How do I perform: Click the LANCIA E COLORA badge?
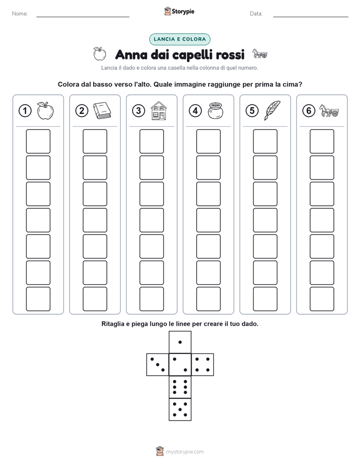point(179,39)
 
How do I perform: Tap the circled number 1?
point(25,111)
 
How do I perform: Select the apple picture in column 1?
point(45,111)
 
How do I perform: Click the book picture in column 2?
point(102,111)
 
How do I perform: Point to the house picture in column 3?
point(159,110)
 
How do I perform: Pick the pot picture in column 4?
point(215,110)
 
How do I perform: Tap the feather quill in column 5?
point(272,110)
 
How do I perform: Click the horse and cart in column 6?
point(329,110)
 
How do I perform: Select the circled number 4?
point(195,111)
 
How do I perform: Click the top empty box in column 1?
point(38,141)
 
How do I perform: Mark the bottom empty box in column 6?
point(322,299)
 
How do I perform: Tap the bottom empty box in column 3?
point(152,299)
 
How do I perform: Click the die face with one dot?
point(180,342)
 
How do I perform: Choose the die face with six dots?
point(180,387)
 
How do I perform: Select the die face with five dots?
point(180,409)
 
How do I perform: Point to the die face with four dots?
point(203,365)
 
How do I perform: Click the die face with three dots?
point(158,365)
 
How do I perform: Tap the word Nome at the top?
point(20,14)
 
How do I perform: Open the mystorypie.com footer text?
point(185,452)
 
